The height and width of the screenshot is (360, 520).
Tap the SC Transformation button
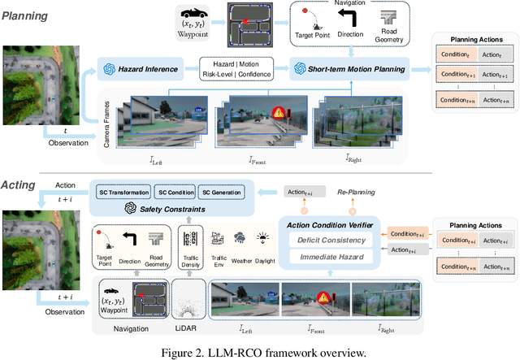click(x=122, y=193)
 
